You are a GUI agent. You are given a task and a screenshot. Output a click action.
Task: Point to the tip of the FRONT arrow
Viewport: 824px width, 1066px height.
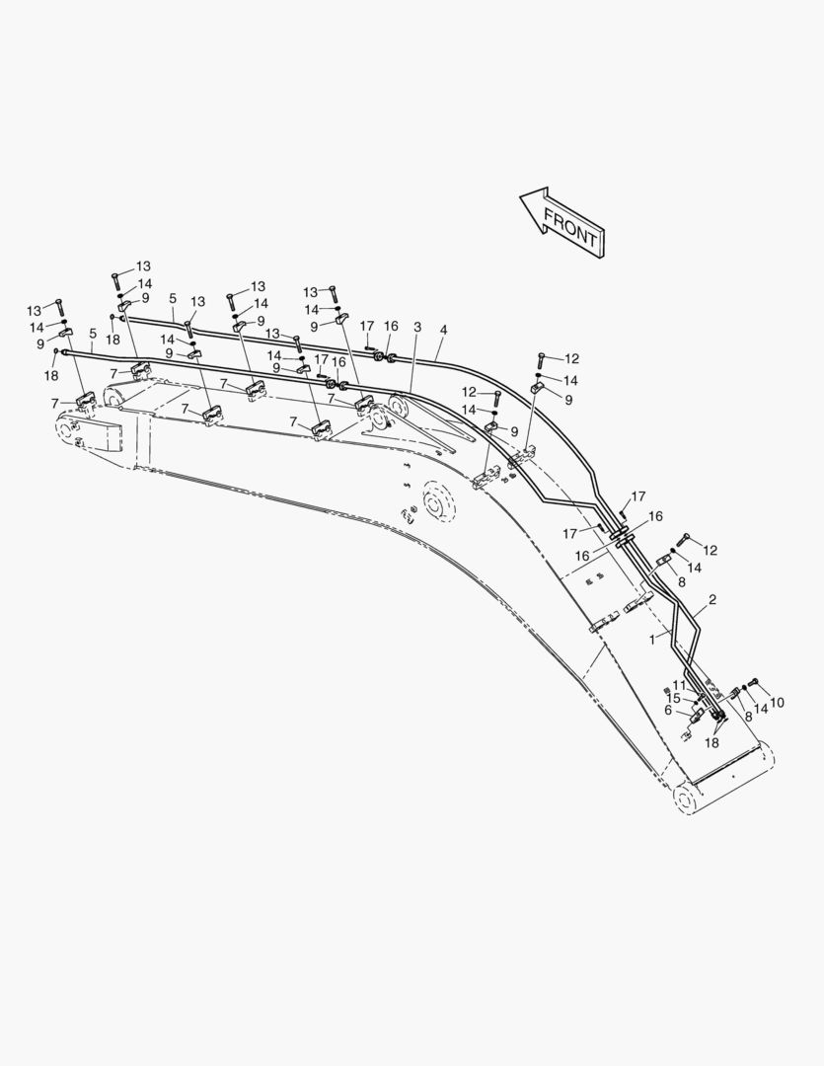[x=520, y=197]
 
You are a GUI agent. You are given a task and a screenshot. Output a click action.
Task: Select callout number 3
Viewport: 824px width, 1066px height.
[x=417, y=327]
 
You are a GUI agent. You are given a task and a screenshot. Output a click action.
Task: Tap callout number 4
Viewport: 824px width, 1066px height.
[x=443, y=330]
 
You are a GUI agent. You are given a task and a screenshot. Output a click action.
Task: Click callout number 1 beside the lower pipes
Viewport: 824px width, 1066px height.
[x=652, y=639]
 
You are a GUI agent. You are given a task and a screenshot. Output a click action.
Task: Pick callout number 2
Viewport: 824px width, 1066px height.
[x=712, y=600]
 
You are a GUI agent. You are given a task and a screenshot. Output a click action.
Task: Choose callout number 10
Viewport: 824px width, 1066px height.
[x=777, y=703]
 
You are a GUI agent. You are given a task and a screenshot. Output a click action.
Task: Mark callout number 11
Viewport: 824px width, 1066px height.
[x=679, y=685]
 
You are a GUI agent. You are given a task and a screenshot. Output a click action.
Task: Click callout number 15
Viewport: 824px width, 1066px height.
[x=673, y=698]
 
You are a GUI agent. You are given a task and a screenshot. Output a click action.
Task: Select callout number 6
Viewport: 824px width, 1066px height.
[x=668, y=711]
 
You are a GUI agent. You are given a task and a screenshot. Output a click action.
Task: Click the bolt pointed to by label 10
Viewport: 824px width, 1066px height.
[x=753, y=683]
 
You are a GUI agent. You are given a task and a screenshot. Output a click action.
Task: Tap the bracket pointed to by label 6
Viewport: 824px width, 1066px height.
[x=697, y=716]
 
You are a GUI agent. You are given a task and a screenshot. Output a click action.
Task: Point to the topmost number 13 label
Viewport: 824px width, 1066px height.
[x=143, y=266]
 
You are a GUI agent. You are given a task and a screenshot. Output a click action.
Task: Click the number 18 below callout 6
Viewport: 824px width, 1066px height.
[x=712, y=743]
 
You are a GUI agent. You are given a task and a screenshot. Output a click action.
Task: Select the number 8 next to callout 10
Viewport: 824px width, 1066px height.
[x=748, y=716]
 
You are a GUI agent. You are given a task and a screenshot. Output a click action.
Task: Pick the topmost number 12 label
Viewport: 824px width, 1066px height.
[x=571, y=358]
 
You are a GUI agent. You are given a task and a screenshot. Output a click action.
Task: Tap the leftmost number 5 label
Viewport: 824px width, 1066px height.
[x=93, y=334]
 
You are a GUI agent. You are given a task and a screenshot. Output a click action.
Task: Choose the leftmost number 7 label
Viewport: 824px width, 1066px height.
[x=55, y=404]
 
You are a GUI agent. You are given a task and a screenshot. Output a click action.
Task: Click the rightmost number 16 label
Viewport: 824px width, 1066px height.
[x=654, y=516]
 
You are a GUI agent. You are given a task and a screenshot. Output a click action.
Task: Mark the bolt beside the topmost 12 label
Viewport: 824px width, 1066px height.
[x=541, y=360]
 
